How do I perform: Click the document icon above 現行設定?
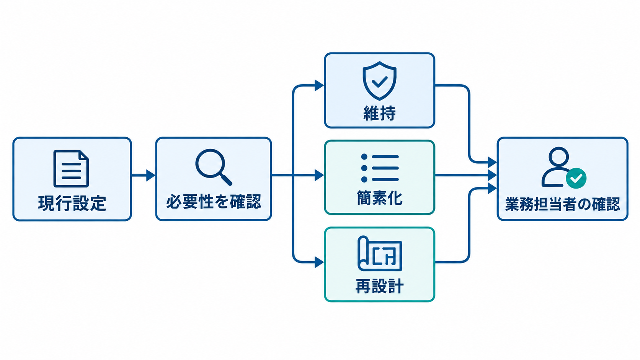(71, 168)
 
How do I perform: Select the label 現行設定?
(72, 203)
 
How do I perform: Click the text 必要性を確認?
(214, 202)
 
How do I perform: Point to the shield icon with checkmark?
(379, 81)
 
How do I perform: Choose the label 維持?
(379, 113)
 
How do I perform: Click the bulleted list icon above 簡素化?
(380, 168)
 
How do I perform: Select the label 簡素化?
(379, 198)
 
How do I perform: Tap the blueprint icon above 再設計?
(380, 253)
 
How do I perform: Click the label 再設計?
(379, 286)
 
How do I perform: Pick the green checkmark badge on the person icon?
(576, 178)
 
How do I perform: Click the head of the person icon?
(558, 157)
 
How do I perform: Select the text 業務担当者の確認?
(562, 204)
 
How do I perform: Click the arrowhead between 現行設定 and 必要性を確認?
(150, 175)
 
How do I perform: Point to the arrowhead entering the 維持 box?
(319, 85)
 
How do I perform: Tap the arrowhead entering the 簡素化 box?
(319, 175)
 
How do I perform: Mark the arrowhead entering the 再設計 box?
(319, 262)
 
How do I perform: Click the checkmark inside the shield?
(379, 82)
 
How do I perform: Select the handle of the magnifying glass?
(226, 179)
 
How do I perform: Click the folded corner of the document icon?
(84, 155)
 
